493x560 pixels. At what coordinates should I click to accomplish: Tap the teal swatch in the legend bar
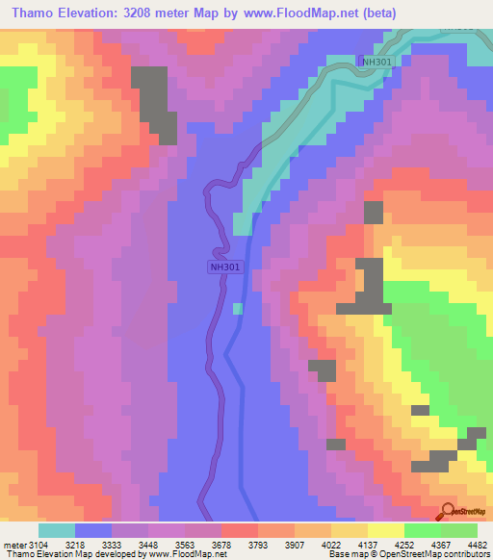click(56, 530)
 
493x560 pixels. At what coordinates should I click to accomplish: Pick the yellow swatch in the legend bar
click(385, 530)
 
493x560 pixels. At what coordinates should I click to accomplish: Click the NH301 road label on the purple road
click(223, 267)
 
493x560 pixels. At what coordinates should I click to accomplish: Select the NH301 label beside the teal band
click(376, 63)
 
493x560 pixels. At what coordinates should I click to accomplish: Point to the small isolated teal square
click(238, 308)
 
